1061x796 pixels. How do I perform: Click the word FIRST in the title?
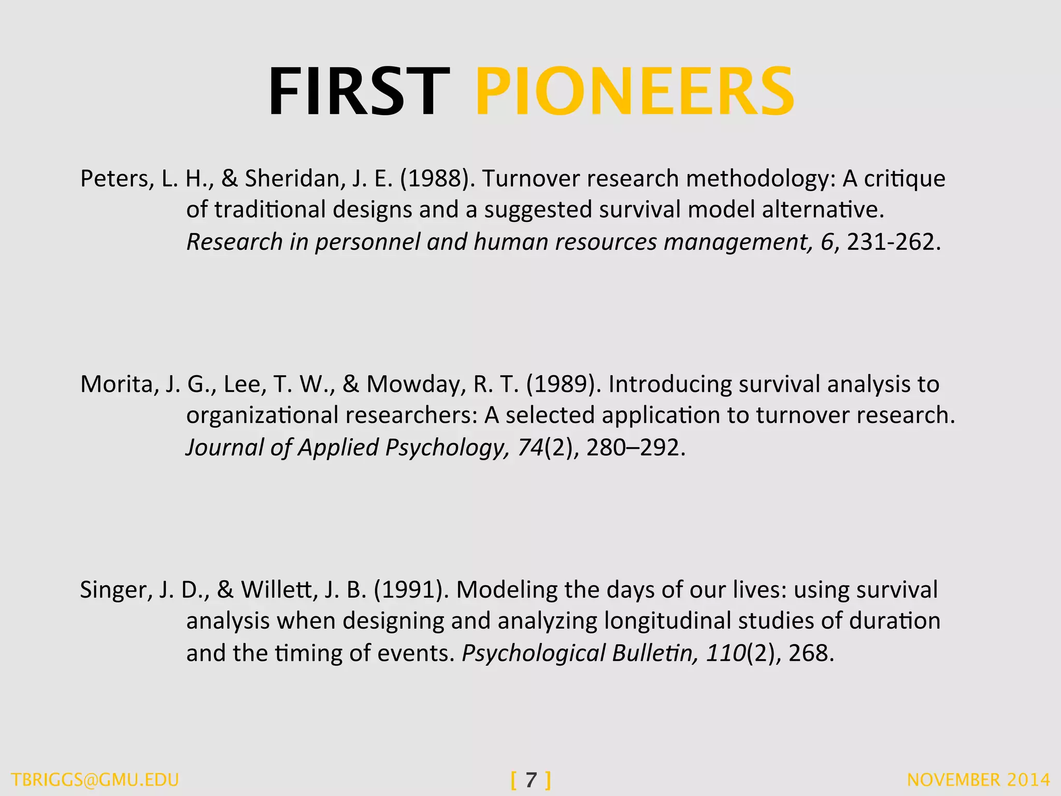pos(359,92)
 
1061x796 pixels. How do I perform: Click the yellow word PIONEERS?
pos(635,92)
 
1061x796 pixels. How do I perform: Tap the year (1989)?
pos(564,385)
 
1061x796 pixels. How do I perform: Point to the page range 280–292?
pos(636,448)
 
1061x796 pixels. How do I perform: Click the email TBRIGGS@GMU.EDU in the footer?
pos(95,780)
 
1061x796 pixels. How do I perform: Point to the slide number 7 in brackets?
pos(531,780)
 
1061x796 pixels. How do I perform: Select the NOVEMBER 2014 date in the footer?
pos(978,780)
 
